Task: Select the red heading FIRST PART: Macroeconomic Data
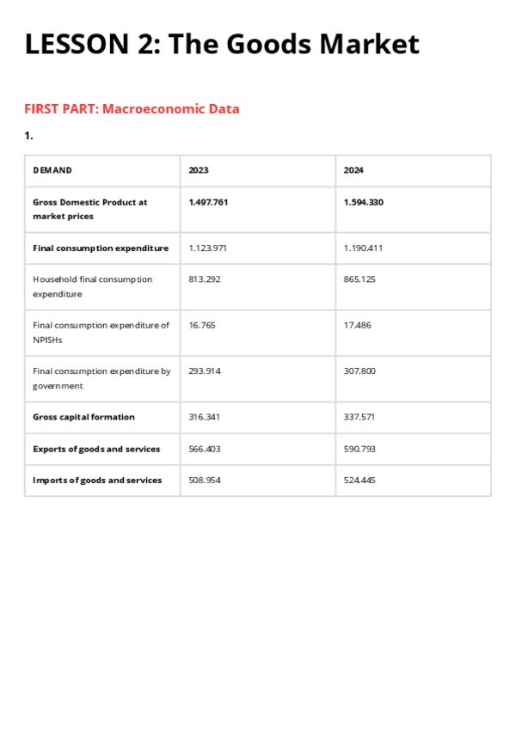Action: (x=132, y=109)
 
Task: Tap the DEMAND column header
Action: (x=52, y=170)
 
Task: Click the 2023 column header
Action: (x=199, y=170)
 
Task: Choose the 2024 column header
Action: (x=353, y=170)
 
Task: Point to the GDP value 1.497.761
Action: (x=208, y=202)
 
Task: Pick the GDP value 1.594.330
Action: (x=364, y=202)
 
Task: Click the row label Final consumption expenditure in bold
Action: (x=101, y=248)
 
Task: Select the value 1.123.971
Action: (x=208, y=248)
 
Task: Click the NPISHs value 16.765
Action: (x=202, y=325)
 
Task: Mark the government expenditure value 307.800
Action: (x=359, y=371)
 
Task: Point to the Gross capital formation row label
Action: (x=83, y=417)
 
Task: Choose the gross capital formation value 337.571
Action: (x=359, y=417)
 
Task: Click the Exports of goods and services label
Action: (x=96, y=449)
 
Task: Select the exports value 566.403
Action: (x=205, y=449)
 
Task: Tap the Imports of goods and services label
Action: (x=97, y=480)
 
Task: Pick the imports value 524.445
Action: (x=359, y=480)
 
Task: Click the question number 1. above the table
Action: (x=28, y=136)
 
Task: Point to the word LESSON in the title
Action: (x=73, y=44)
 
